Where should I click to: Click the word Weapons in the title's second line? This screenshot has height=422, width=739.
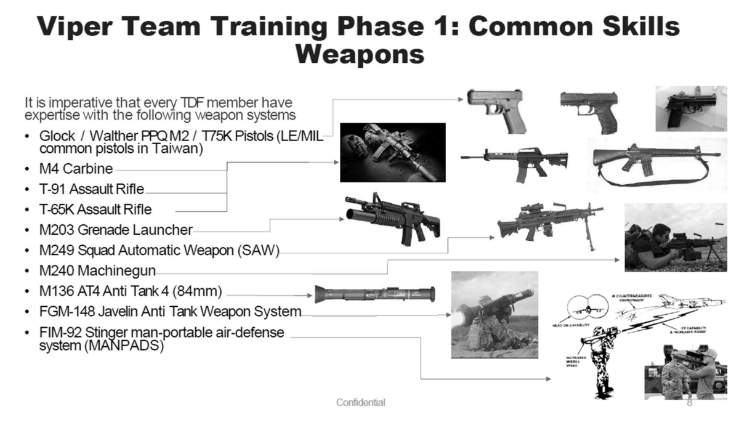click(359, 54)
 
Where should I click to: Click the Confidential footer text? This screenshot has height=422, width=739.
click(360, 402)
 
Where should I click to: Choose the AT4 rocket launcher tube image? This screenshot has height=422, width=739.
click(374, 294)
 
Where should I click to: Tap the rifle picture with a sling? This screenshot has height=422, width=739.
click(653, 161)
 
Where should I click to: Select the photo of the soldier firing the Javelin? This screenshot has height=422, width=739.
click(495, 314)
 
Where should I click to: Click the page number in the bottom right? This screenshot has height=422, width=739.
click(690, 404)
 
